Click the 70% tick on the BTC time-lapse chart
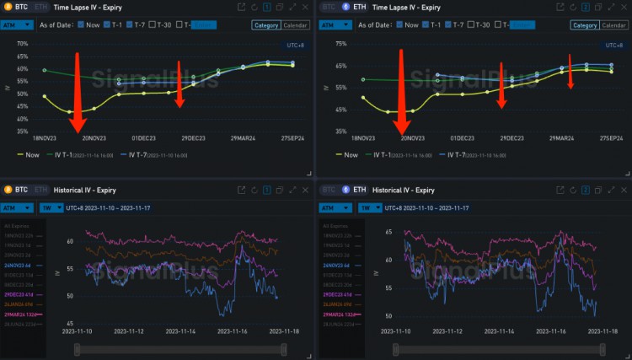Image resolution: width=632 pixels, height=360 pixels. coord(23,44)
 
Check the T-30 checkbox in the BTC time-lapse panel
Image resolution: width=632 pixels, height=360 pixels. coord(153,25)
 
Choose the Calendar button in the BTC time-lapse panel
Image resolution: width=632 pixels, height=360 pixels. coord(295,25)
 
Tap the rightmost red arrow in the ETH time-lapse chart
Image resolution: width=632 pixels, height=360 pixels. coord(570,72)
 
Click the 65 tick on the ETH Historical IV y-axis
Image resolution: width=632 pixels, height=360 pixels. coord(388,231)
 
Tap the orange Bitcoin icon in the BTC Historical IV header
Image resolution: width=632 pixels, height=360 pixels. coord(8,191)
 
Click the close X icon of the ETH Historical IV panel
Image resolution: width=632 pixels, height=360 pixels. coord(621,191)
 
